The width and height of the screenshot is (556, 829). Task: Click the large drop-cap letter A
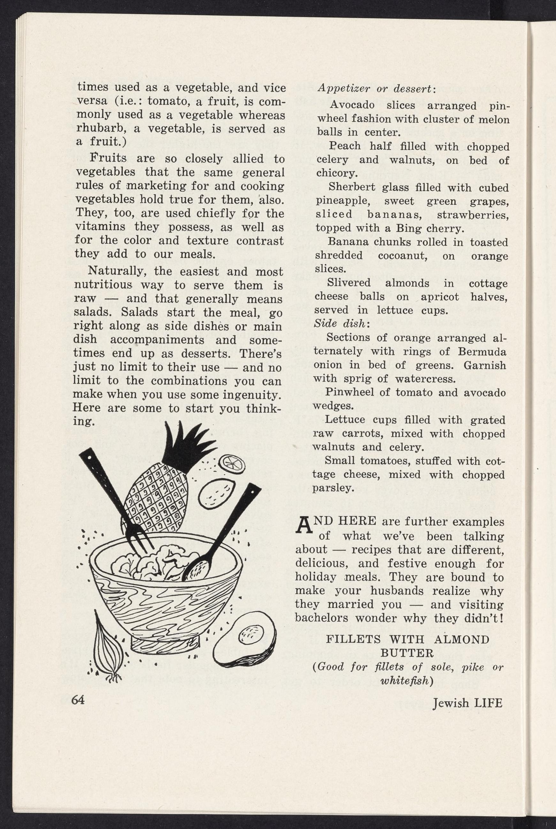tap(304, 526)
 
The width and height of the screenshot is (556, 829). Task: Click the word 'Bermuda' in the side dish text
tap(482, 351)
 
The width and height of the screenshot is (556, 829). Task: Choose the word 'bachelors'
tap(322, 618)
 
